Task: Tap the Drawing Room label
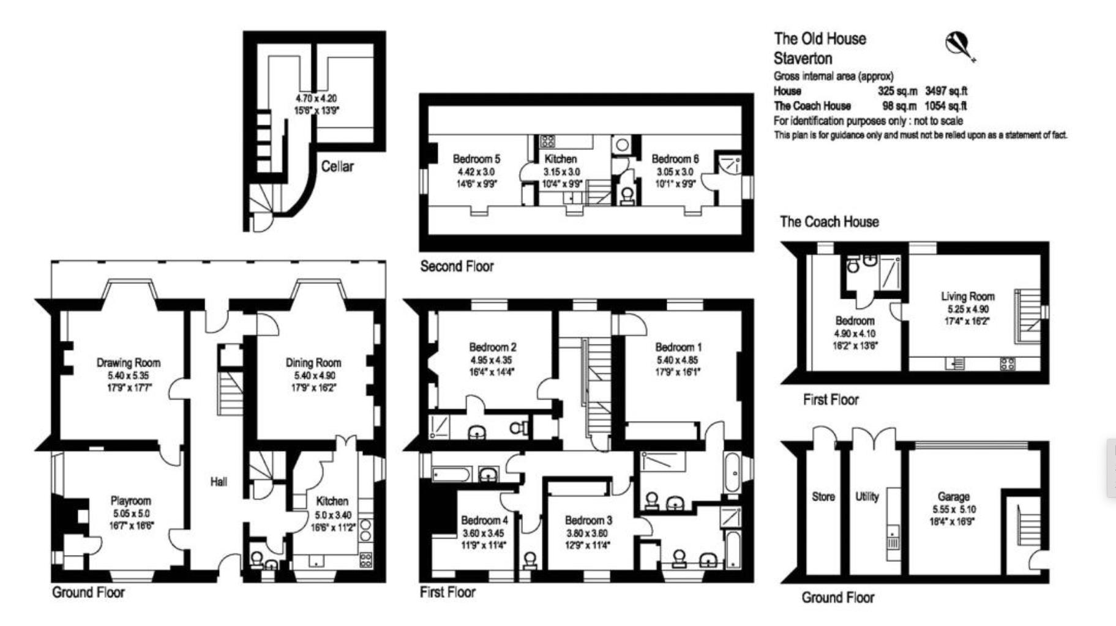coord(129,362)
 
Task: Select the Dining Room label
coord(313,362)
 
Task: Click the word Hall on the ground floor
coord(219,482)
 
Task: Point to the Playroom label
coord(130,501)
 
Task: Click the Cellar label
coord(337,166)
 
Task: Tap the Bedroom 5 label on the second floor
coord(476,158)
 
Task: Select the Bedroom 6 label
coord(675,158)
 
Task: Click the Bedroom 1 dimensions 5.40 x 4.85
coord(677,360)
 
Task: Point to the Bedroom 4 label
coord(484,520)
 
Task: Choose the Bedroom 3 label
coord(588,520)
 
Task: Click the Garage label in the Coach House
coord(953,496)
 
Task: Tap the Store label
coord(823,496)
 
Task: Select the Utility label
coord(867,496)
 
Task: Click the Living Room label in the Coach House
coord(967,296)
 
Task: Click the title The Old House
coord(820,39)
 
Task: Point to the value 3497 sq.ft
coord(946,91)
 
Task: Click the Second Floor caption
coord(457,266)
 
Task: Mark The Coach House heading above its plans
coord(829,222)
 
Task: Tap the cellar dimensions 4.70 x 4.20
coord(316,98)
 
